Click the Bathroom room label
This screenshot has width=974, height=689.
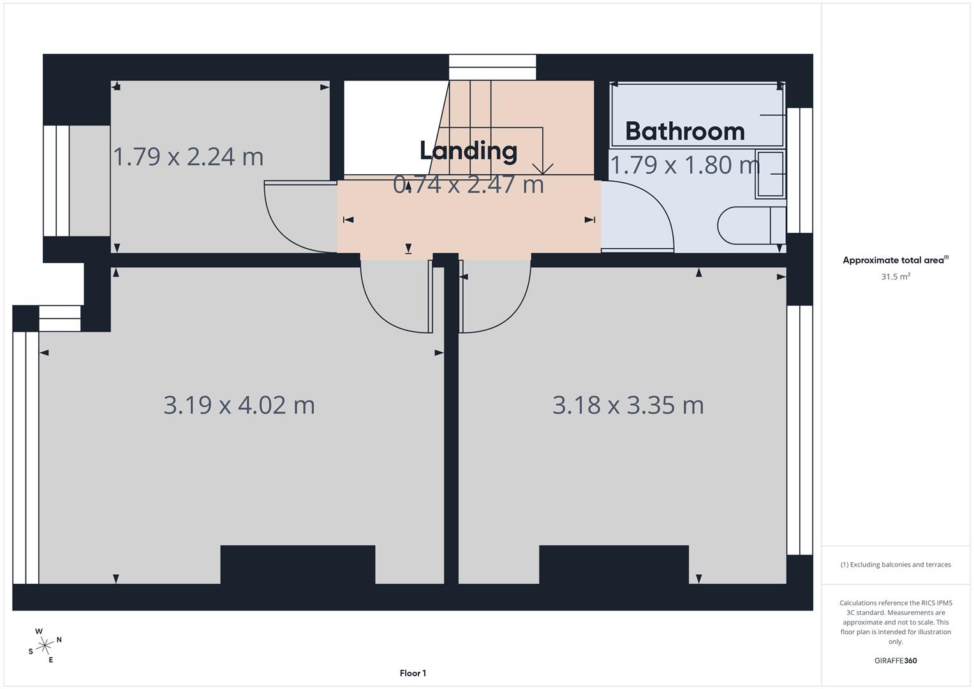point(684,131)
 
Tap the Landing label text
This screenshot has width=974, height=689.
point(468,151)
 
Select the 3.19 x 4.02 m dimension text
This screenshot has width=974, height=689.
point(239,405)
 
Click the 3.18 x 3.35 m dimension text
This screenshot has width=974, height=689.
point(628,405)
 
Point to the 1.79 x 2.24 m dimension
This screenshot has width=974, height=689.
point(188,157)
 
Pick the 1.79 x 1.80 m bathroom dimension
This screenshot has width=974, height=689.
point(684,165)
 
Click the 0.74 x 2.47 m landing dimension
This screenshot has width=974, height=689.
point(468,185)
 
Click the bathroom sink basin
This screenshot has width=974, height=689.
point(770,174)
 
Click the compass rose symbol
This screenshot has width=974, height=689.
point(45,646)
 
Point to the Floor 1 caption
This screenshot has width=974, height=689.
point(413,673)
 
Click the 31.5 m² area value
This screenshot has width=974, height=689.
point(895,277)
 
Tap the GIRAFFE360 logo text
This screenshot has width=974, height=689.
point(895,660)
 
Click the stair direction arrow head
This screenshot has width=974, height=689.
point(543,170)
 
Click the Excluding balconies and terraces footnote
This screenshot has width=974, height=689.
point(895,565)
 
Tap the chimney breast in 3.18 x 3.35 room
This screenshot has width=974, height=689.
point(614,565)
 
